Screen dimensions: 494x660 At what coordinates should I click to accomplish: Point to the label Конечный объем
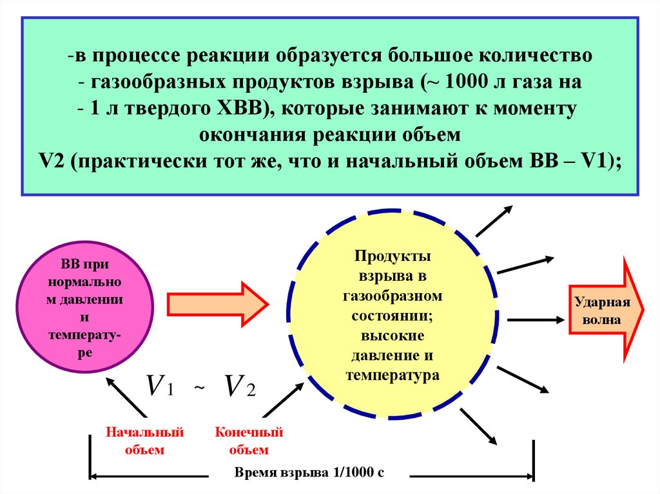249,441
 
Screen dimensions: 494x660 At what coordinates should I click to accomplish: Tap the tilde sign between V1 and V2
199,388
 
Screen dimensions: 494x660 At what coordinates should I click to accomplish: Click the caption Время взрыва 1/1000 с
309,472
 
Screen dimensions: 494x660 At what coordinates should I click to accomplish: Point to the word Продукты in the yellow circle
392,256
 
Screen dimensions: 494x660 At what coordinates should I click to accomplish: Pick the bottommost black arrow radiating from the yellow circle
478,426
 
